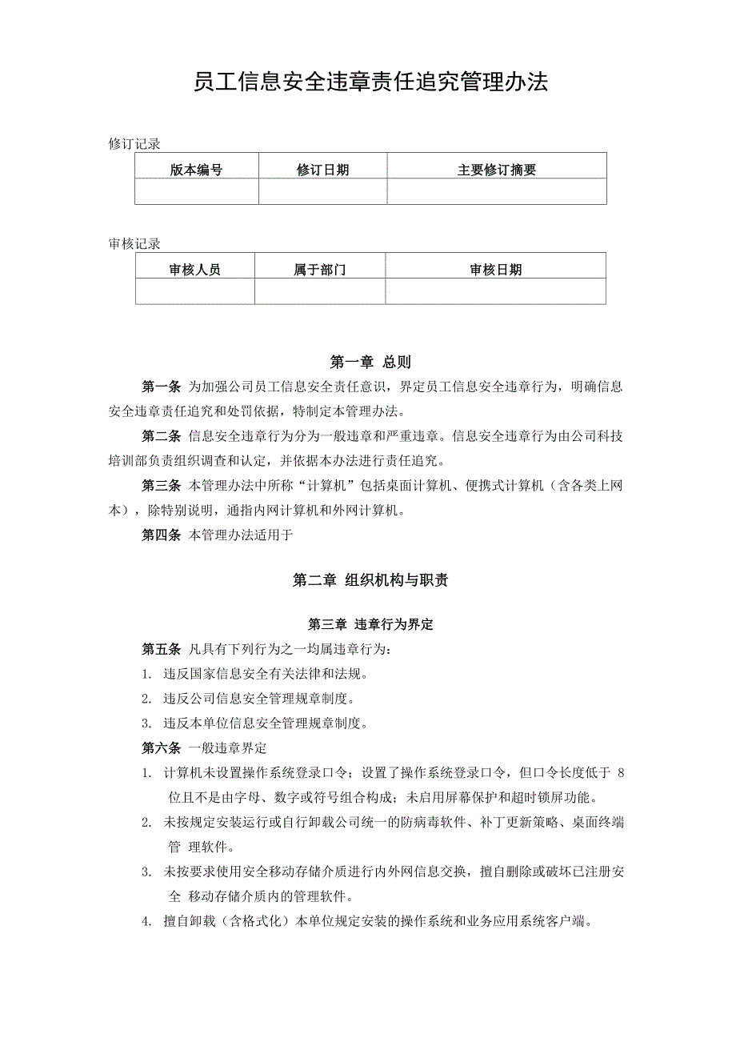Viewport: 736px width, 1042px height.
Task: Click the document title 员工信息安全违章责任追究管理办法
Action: pyautogui.click(x=370, y=82)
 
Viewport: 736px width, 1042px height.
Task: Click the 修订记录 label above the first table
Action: pyautogui.click(x=134, y=144)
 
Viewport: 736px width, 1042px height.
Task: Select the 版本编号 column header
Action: pyautogui.click(x=196, y=170)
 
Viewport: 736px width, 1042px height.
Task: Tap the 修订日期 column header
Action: pyautogui.click(x=322, y=170)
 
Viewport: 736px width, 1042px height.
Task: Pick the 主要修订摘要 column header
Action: pyautogui.click(x=496, y=170)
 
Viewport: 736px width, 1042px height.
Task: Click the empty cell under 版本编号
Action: pyautogui.click(x=196, y=191)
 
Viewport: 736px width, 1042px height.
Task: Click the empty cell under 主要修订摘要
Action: pyautogui.click(x=496, y=191)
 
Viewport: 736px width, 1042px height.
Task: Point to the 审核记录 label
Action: pyautogui.click(x=134, y=244)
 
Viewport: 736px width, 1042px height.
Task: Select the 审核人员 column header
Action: pyautogui.click(x=194, y=270)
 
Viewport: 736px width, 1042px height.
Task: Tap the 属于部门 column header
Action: pyautogui.click(x=320, y=270)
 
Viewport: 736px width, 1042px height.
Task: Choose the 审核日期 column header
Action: pyautogui.click(x=495, y=270)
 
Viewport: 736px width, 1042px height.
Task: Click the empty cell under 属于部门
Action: pyautogui.click(x=320, y=291)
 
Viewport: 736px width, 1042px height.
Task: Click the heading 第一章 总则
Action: pyautogui.click(x=370, y=362)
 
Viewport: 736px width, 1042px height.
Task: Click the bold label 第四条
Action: pyautogui.click(x=162, y=535)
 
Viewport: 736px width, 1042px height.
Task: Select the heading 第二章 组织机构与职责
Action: pyautogui.click(x=370, y=580)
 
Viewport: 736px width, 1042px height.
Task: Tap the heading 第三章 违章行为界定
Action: pyautogui.click(x=370, y=624)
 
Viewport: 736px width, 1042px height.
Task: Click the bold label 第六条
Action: pyautogui.click(x=162, y=748)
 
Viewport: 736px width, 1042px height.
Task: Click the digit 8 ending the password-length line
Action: pyautogui.click(x=622, y=773)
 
